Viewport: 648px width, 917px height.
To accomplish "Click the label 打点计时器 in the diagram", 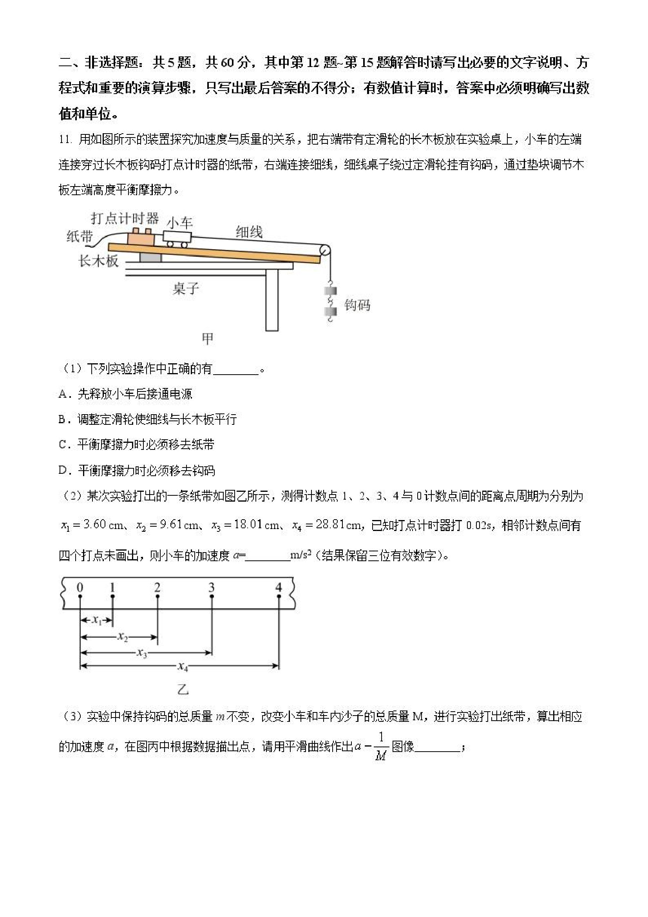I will pos(125,218).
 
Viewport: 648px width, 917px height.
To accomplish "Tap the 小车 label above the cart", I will pos(179,223).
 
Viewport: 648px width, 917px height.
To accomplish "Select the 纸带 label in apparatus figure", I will pos(80,236).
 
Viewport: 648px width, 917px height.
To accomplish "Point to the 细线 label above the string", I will pos(249,232).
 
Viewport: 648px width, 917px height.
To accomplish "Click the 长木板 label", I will pos(98,261).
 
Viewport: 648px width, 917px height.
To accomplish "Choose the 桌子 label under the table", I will pos(185,288).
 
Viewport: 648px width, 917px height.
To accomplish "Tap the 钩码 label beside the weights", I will pos(357,305).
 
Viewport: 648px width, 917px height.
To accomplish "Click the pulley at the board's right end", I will pos(325,251).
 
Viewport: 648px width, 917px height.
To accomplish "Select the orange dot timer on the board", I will pos(141,238).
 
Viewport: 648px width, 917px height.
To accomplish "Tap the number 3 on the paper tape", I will pos(211,587).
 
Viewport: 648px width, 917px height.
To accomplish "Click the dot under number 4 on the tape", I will pos(279,596).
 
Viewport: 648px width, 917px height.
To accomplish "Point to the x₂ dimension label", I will pos(123,636).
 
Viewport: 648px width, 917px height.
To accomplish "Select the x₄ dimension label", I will pos(183,666).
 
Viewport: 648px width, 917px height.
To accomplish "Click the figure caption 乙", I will pos(183,689).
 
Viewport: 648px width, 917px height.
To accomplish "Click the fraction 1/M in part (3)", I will pos(381,746).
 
